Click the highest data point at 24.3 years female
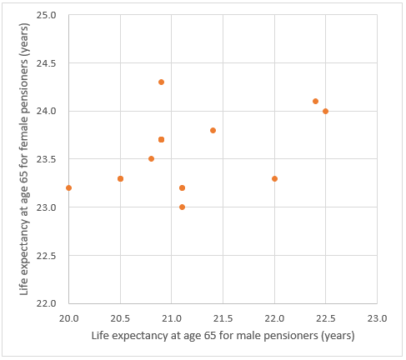point(161,82)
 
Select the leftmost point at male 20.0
point(68,187)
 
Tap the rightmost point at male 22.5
point(325,111)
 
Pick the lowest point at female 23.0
point(182,207)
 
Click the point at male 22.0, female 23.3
point(274,178)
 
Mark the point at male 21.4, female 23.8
point(213,130)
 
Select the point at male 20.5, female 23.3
point(120,178)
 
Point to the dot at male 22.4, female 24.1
point(315,101)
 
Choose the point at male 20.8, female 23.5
point(151,158)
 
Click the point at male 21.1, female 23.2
point(182,187)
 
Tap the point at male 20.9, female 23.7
point(161,139)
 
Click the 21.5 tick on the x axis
point(223,317)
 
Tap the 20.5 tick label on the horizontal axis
point(120,317)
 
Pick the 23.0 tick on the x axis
point(377,317)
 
